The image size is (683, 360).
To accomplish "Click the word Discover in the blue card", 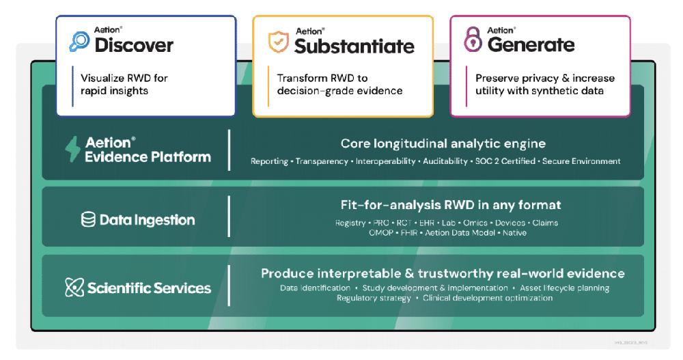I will click(134, 46).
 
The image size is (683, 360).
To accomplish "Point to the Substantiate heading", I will click(354, 46).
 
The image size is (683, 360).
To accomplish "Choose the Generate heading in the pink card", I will click(531, 45).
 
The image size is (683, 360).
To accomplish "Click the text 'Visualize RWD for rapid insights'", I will click(124, 84).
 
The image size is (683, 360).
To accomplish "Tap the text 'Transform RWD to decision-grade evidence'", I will click(339, 84).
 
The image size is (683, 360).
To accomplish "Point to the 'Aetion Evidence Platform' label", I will click(148, 150).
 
